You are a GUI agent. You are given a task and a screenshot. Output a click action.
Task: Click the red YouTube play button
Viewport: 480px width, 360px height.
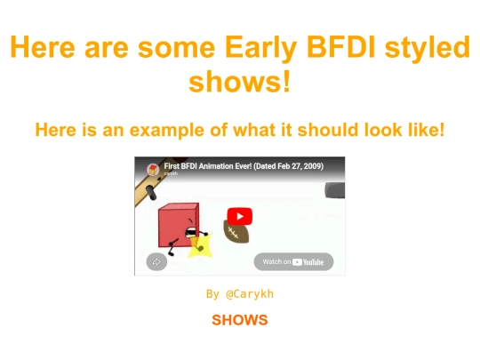(239, 216)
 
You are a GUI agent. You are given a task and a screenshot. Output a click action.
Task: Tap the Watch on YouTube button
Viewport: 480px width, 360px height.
(293, 261)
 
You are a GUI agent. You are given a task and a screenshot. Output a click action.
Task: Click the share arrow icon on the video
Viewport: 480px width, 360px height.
(156, 261)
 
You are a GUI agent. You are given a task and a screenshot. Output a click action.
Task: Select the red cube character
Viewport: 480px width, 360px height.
(177, 227)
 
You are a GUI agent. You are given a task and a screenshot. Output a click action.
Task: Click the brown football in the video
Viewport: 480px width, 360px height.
(237, 233)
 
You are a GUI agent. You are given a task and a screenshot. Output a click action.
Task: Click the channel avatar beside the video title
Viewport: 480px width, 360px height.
(152, 169)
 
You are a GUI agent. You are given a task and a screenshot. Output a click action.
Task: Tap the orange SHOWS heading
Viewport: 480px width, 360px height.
(239, 320)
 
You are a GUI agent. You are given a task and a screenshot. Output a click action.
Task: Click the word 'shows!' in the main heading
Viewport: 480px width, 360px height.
(239, 83)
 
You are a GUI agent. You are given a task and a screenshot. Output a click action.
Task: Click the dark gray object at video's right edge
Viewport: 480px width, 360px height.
(335, 189)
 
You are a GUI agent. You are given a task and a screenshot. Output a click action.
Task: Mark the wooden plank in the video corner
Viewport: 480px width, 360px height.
(148, 188)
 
